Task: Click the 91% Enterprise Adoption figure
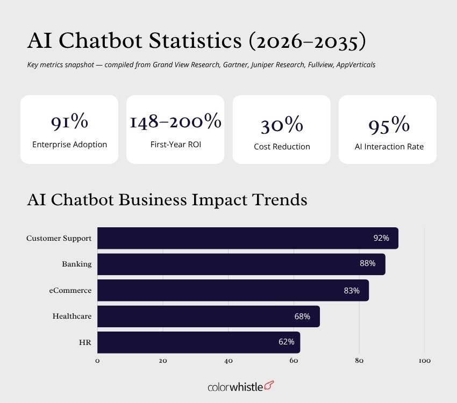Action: click(69, 123)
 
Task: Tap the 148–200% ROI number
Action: click(175, 122)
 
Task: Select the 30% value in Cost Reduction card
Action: click(282, 125)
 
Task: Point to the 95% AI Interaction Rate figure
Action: click(389, 125)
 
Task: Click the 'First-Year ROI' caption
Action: click(175, 145)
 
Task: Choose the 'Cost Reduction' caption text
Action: click(282, 147)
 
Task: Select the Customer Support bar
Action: click(247, 238)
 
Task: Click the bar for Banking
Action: click(241, 264)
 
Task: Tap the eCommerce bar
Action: click(233, 290)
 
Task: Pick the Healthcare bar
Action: click(208, 316)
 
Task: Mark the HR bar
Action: click(198, 342)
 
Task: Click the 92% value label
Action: click(381, 238)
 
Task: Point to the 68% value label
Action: click(302, 316)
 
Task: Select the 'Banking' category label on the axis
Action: click(76, 264)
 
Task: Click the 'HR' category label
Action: click(85, 342)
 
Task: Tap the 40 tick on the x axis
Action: click(228, 361)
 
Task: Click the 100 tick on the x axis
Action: click(424, 361)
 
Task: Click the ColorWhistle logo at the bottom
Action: click(240, 387)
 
